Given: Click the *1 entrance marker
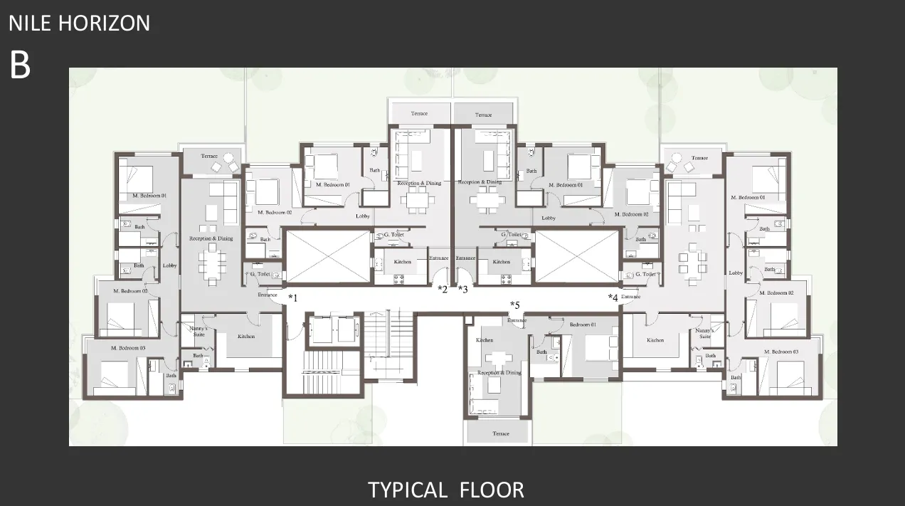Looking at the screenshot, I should point(292,297).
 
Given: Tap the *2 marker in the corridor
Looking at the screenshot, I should point(443,289).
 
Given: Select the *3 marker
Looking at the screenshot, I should point(463,289).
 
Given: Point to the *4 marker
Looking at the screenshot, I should point(613,297).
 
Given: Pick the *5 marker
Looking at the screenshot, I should point(515,306).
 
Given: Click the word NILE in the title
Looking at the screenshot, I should point(31,23).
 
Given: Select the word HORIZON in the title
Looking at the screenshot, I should point(104,23).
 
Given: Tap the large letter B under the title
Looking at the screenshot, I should point(20,65).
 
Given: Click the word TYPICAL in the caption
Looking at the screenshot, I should point(407,490).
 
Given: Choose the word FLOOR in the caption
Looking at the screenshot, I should point(492,490).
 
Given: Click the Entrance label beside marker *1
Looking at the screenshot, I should point(268,295).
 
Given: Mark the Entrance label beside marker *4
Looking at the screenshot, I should point(631,296).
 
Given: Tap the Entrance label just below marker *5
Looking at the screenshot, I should point(517,320).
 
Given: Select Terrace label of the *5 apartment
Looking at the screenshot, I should point(501,433).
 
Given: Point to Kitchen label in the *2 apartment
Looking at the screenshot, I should point(403,262).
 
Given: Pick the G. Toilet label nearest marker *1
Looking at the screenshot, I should point(260,274).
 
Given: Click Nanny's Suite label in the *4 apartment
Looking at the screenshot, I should point(704,333).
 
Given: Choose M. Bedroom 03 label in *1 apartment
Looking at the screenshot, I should point(128,348).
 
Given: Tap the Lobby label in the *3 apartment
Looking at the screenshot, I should point(549,218).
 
